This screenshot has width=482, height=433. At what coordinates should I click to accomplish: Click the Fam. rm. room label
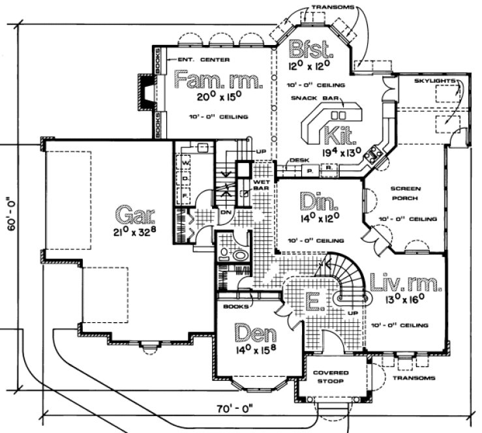[218, 81]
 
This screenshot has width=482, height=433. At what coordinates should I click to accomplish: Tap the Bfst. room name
[310, 50]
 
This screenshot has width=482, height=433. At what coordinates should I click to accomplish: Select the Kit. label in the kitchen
[340, 136]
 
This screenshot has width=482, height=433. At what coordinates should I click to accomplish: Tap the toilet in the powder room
[239, 255]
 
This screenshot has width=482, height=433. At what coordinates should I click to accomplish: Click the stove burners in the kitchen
[376, 154]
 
